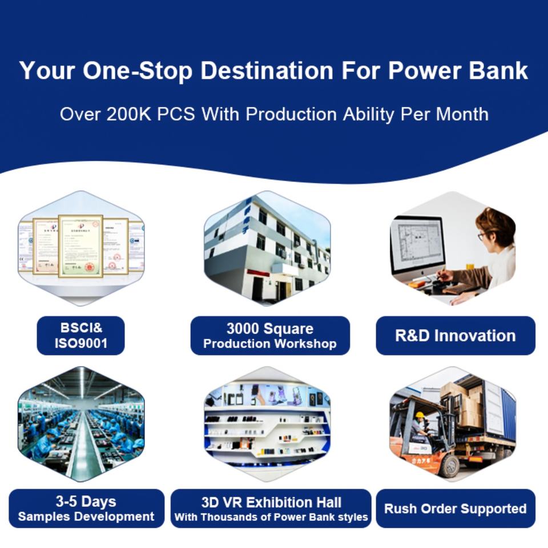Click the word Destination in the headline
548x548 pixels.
click(267, 71)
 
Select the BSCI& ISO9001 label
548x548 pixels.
click(80, 336)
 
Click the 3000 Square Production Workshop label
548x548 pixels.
click(270, 336)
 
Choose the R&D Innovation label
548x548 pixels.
click(456, 336)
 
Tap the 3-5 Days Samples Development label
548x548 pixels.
click(86, 508)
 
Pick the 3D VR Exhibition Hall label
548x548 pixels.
click(271, 508)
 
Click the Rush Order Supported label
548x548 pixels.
click(456, 508)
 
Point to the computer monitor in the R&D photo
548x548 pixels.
click(418, 247)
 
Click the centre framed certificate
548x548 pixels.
click(80, 246)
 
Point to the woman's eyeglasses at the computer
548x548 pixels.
click(481, 236)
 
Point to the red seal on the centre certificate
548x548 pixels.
click(90, 267)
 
